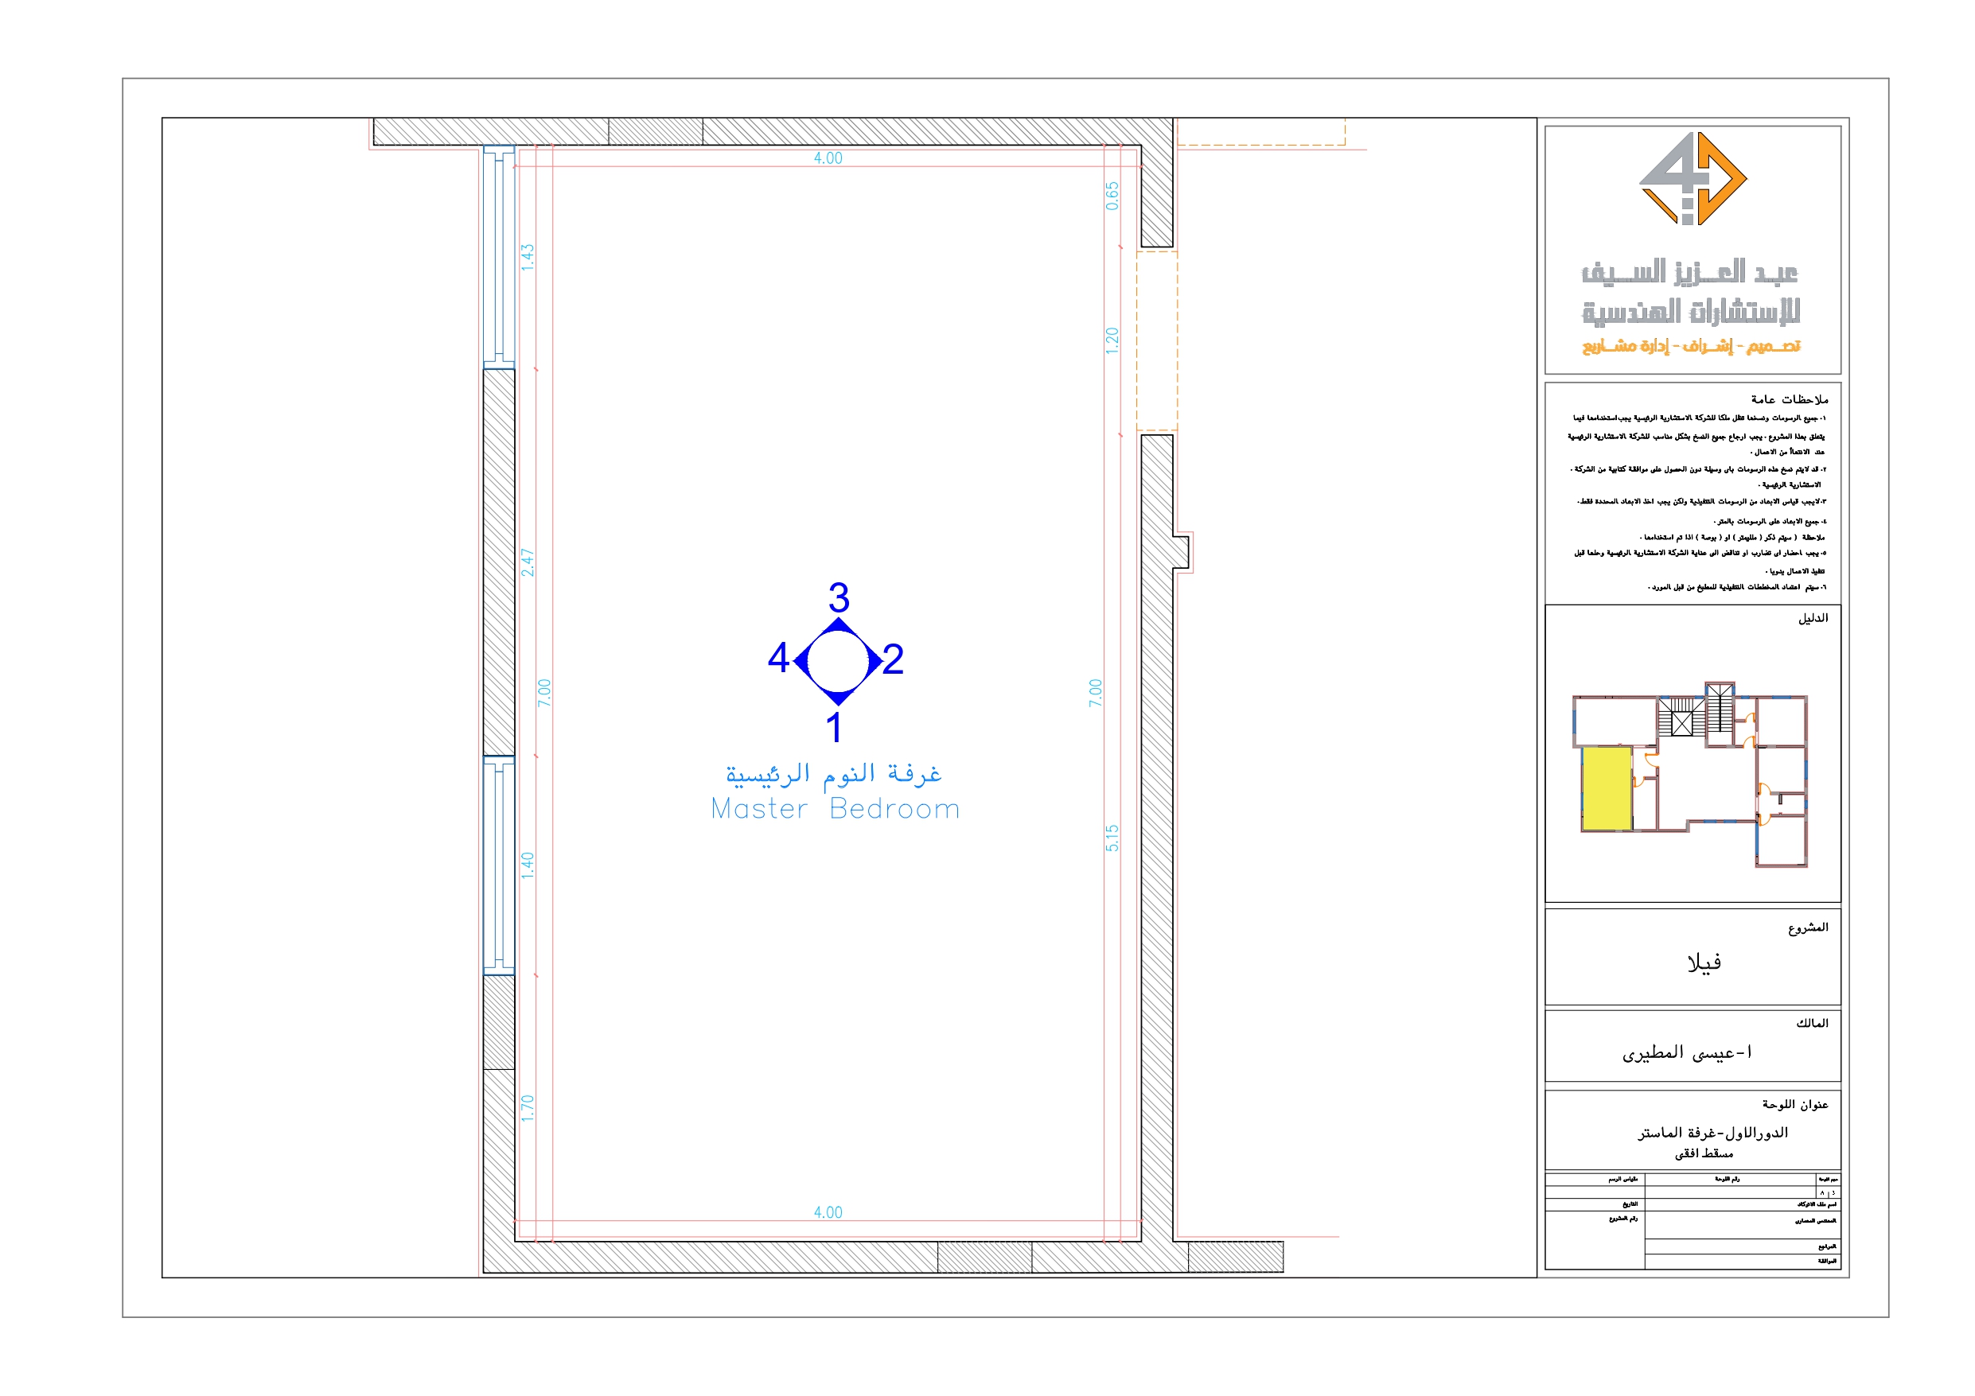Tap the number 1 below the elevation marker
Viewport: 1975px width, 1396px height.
pyautogui.click(x=833, y=728)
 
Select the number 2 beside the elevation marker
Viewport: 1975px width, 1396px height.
pyautogui.click(x=893, y=659)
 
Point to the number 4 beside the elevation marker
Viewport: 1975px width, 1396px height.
pyautogui.click(x=778, y=659)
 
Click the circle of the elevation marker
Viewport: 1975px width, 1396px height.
pyautogui.click(x=839, y=660)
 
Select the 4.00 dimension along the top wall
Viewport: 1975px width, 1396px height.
pyautogui.click(x=828, y=158)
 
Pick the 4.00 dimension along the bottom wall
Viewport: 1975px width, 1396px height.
pyautogui.click(x=828, y=1212)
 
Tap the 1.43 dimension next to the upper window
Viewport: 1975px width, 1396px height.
pyautogui.click(x=528, y=257)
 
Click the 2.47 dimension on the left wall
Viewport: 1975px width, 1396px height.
pyautogui.click(x=528, y=562)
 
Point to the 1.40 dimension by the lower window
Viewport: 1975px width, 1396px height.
pyautogui.click(x=528, y=865)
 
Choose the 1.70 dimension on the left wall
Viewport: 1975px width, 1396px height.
pyautogui.click(x=528, y=1108)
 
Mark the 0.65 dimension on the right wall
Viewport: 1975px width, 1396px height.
pyautogui.click(x=1112, y=196)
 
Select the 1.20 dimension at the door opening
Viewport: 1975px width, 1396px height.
pyautogui.click(x=1112, y=340)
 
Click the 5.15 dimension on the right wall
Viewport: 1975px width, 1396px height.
pyautogui.click(x=1112, y=838)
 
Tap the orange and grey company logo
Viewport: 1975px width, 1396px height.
pyautogui.click(x=1692, y=179)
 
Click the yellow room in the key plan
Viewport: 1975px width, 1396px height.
pyautogui.click(x=1606, y=787)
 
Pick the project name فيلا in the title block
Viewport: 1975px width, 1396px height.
pyautogui.click(x=1703, y=962)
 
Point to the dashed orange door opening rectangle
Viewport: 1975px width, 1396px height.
pyautogui.click(x=1157, y=340)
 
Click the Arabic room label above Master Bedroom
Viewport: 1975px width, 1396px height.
pyautogui.click(x=832, y=773)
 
